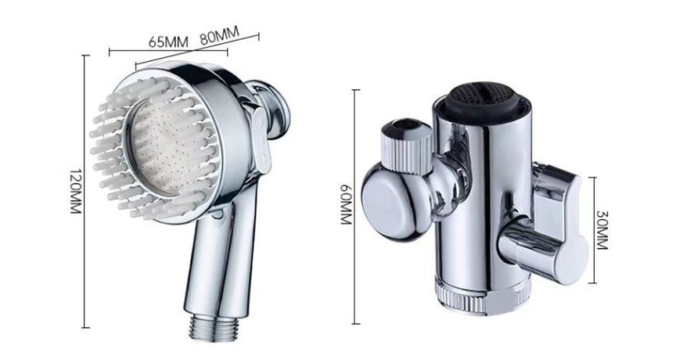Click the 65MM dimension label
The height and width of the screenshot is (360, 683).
tap(168, 42)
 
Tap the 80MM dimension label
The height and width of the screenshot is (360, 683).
tap(219, 36)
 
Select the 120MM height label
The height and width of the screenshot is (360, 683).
tap(75, 191)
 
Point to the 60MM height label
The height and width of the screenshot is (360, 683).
tap(346, 204)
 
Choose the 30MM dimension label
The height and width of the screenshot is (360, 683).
tap(602, 229)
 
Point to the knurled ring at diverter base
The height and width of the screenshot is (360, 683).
tap(481, 295)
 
